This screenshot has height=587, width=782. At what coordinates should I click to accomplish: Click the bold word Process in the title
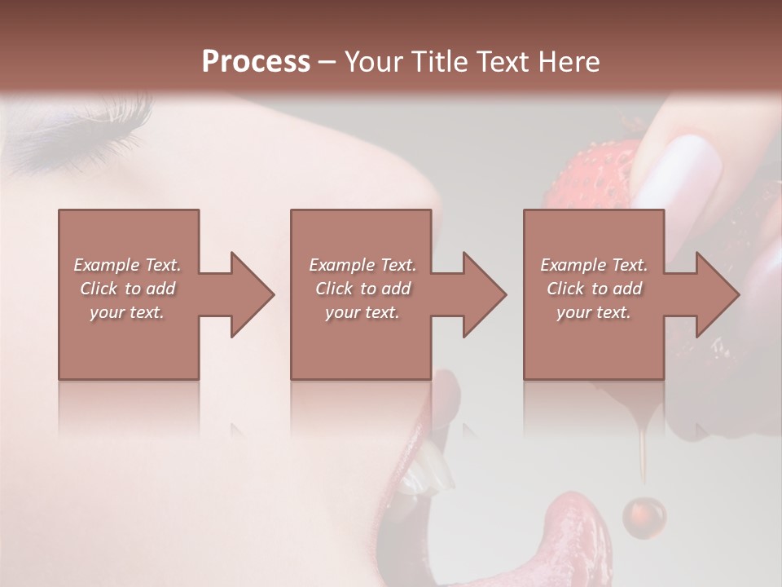(x=256, y=62)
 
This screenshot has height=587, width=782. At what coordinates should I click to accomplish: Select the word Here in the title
(x=568, y=62)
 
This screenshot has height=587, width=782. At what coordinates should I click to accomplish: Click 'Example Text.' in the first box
(x=127, y=265)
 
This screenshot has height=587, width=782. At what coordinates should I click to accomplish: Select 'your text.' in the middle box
(x=362, y=312)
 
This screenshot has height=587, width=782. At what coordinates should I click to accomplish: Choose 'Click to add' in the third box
(x=594, y=289)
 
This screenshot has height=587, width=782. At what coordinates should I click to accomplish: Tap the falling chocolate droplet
(x=644, y=515)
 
